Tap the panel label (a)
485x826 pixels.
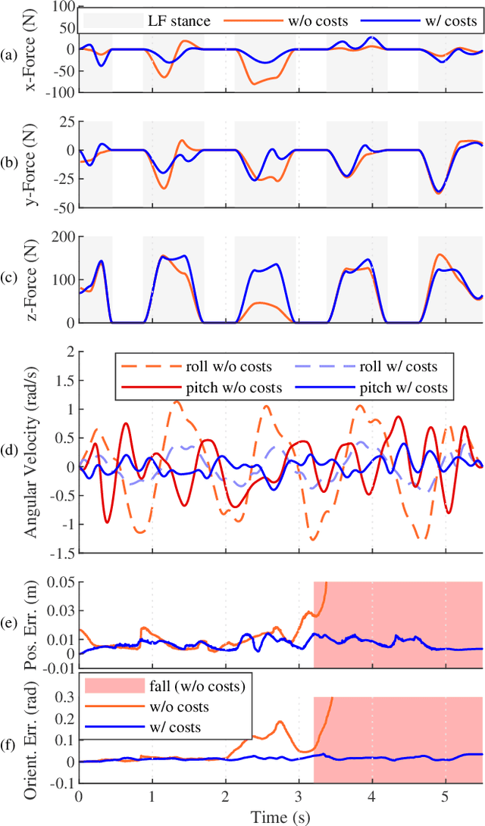click(x=9, y=55)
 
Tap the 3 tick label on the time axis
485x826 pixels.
click(x=299, y=796)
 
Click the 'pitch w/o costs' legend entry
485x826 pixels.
click(x=224, y=388)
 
